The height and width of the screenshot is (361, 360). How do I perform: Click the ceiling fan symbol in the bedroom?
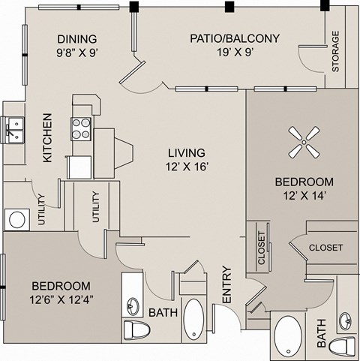[x=303, y=141]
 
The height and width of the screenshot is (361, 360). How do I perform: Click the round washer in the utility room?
[x=16, y=219]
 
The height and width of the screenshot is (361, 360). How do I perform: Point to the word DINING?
[x=76, y=39]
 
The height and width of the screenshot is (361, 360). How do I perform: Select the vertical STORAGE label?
[x=335, y=51]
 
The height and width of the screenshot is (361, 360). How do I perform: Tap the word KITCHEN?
[x=46, y=138]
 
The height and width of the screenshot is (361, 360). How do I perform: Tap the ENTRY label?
[x=226, y=287]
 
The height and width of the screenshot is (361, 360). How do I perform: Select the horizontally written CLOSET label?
[x=325, y=247]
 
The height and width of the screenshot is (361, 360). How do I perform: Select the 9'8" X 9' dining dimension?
[x=76, y=53]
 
